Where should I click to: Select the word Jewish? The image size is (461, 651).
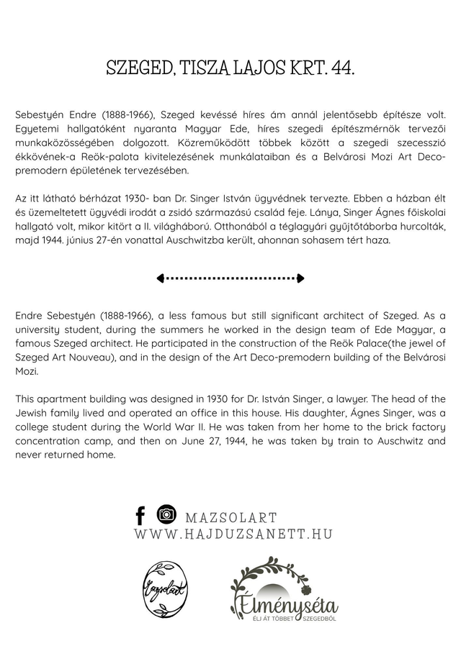(x=31, y=412)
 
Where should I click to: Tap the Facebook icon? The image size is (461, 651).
(x=140, y=515)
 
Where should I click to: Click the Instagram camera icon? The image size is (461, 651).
(x=166, y=514)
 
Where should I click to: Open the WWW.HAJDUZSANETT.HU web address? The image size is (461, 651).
(x=233, y=534)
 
